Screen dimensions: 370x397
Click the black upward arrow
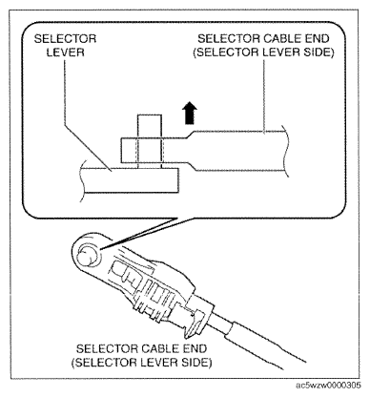[190, 113]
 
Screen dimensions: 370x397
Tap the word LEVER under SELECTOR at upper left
[66, 52]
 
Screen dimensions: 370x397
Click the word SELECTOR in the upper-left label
[65, 39]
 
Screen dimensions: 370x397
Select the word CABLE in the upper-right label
[278, 38]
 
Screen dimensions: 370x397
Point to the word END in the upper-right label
[316, 38]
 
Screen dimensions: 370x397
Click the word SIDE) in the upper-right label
[319, 52]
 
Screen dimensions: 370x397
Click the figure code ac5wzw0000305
[329, 386]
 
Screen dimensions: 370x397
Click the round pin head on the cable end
[87, 254]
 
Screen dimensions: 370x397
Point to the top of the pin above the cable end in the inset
[150, 115]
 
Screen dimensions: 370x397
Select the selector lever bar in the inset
[131, 180]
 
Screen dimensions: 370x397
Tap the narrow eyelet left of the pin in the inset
[129, 151]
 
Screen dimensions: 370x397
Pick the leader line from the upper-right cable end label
[264, 95]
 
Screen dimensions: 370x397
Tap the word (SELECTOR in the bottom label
[104, 363]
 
